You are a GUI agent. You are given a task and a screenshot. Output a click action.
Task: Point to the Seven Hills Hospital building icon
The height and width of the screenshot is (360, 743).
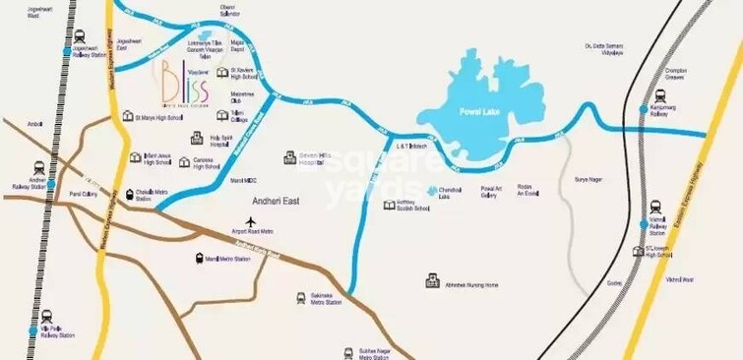tap(290, 157)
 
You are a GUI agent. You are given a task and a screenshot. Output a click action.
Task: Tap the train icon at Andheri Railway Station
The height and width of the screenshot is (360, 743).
tap(37, 167)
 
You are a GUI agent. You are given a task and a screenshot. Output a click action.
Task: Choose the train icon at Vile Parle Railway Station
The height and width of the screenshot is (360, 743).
tap(34, 331)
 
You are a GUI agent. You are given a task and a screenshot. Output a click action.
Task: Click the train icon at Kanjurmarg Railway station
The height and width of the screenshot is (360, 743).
tap(643, 109)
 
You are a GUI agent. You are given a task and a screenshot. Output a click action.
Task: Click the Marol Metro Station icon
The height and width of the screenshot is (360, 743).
tap(200, 259)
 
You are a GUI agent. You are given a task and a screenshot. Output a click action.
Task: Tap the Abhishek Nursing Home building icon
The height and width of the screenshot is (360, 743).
tap(431, 282)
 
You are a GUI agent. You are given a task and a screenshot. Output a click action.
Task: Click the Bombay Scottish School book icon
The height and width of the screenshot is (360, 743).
tap(390, 205)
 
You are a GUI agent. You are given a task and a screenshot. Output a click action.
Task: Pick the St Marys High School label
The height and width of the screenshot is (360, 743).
tap(157, 117)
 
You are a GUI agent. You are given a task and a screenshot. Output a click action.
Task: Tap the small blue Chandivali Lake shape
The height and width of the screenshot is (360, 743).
tap(431, 188)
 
